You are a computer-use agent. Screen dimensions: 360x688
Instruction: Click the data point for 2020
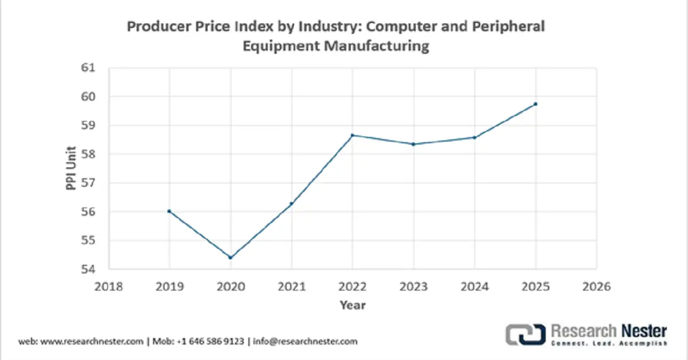(x=230, y=257)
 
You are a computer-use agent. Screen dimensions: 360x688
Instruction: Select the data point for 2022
(x=352, y=135)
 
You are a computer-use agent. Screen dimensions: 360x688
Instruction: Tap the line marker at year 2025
(x=535, y=104)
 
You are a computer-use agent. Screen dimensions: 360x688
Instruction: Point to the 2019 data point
(x=169, y=211)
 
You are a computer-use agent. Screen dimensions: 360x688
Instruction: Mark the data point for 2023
(x=413, y=144)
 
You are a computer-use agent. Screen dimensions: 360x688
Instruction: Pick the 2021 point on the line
(x=291, y=204)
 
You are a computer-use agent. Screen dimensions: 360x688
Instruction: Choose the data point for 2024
(x=474, y=137)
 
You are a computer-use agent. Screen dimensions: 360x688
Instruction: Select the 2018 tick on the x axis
(x=108, y=285)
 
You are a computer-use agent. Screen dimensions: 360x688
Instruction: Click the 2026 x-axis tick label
(x=596, y=285)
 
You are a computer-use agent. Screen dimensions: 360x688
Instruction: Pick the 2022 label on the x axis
(x=352, y=285)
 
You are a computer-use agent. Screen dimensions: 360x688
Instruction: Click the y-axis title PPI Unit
(x=70, y=169)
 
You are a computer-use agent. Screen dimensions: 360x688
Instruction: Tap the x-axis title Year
(x=352, y=305)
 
